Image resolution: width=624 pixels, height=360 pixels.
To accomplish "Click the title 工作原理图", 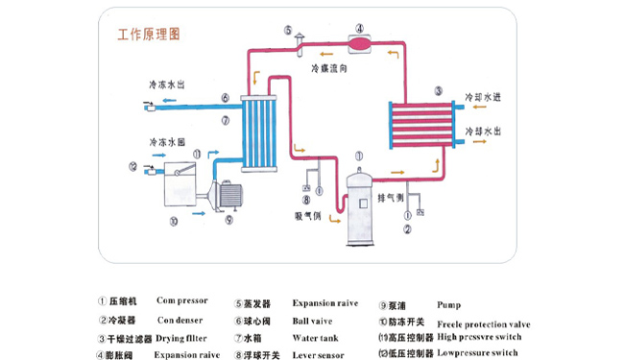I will coord(149,36).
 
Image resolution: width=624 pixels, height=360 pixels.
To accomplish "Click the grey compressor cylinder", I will coord(363,205).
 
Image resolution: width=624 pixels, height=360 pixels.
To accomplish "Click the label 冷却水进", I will coord(483,98).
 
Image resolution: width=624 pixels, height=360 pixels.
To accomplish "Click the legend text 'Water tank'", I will coord(315,338).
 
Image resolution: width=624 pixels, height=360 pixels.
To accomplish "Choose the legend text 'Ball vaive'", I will coord(313,321).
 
